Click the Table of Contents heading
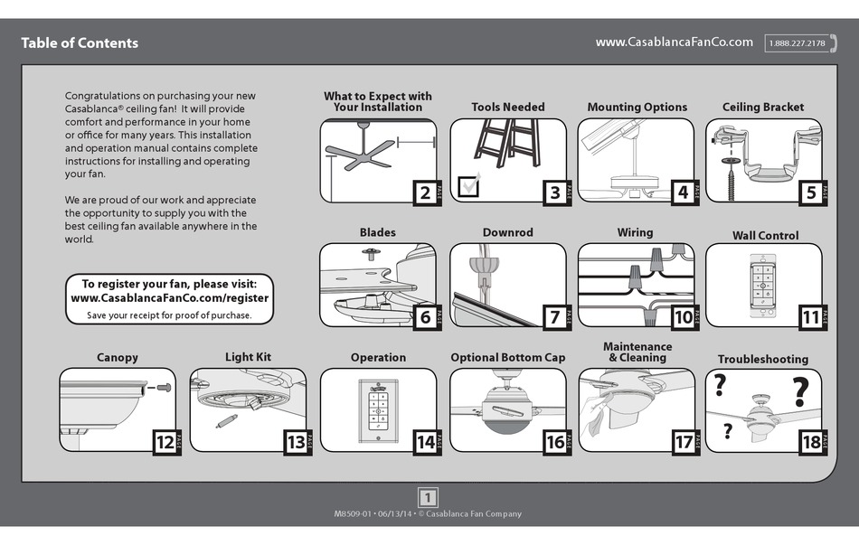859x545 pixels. click(x=80, y=42)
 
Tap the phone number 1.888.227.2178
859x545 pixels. click(x=797, y=43)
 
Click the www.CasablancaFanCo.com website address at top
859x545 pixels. click(x=674, y=42)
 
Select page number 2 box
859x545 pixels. click(x=425, y=192)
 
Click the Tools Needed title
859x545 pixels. click(x=508, y=107)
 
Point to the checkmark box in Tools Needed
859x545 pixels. click(x=469, y=186)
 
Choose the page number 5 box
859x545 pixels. click(x=811, y=192)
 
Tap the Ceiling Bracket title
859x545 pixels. click(x=763, y=107)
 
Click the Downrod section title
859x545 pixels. click(x=508, y=232)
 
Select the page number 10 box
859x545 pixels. click(x=683, y=316)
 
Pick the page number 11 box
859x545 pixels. click(x=811, y=316)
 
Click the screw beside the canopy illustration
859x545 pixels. click(x=164, y=387)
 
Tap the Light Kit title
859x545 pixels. click(x=248, y=357)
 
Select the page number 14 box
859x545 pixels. click(x=425, y=442)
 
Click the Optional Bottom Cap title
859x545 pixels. click(x=508, y=357)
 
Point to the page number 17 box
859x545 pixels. click(x=683, y=442)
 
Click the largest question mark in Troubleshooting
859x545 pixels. click(x=799, y=393)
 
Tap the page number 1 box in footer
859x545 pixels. click(x=429, y=496)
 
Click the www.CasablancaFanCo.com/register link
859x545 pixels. click(x=169, y=297)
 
